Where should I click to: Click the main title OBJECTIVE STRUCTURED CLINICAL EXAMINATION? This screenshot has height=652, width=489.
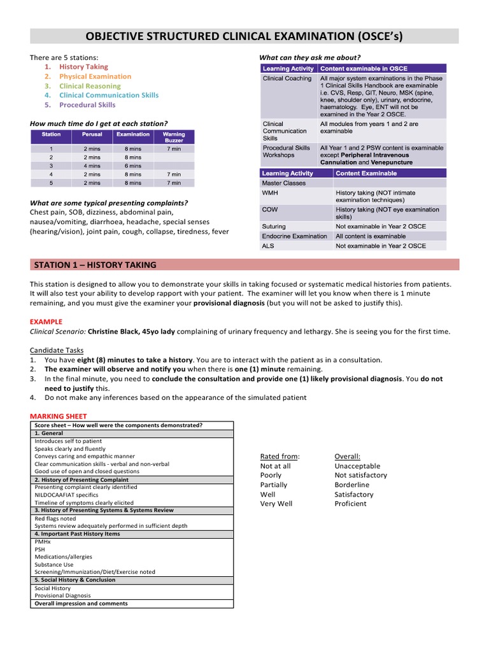[x=244, y=36]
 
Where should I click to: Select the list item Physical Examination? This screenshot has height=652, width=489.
[x=95, y=76]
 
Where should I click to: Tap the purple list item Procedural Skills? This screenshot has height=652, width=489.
[x=87, y=104]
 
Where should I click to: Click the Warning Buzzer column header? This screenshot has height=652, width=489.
[x=174, y=137]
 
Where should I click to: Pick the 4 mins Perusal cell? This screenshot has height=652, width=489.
[x=92, y=166]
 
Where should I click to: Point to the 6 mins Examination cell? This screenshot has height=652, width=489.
[x=133, y=166]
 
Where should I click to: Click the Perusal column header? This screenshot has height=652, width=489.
[x=92, y=134]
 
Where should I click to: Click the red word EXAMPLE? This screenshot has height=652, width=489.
[x=46, y=322]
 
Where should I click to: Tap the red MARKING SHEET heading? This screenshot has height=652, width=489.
[x=58, y=416]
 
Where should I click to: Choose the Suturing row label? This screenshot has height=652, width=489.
[x=274, y=227]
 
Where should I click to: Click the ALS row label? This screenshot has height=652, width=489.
[x=269, y=246]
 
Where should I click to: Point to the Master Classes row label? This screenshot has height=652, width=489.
[x=284, y=183]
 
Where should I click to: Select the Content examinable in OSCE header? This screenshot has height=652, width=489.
[x=364, y=69]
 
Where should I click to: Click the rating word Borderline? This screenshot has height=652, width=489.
[x=351, y=485]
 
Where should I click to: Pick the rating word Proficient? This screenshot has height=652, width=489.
[x=350, y=504]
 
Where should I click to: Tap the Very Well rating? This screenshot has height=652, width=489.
[x=276, y=504]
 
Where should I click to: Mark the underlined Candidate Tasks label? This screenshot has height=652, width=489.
[x=57, y=350]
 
